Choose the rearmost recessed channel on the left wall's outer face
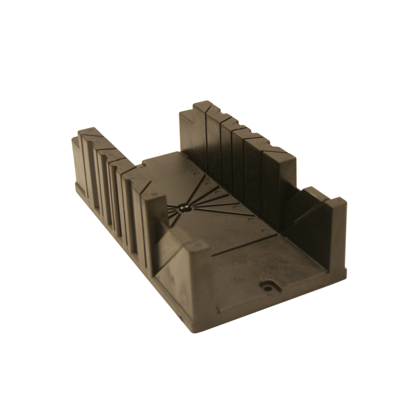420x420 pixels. pos(90,168)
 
